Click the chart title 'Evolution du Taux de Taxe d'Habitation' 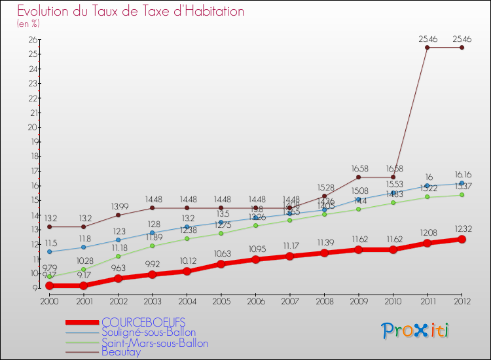[x=131, y=11]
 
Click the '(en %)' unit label [x=28, y=24]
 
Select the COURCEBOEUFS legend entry [x=143, y=322]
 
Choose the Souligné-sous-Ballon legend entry [x=148, y=333]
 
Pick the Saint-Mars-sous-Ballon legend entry [x=155, y=343]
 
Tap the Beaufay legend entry [x=120, y=352]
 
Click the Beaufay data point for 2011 [x=427, y=47]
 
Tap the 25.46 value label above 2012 [x=462, y=39]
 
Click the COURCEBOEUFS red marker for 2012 [x=462, y=240]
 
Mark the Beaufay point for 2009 [x=358, y=177]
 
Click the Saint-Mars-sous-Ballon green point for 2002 [x=118, y=256]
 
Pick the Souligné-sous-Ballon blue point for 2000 [x=49, y=251]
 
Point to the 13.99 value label [x=118, y=206]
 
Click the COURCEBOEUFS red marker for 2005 [x=221, y=264]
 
